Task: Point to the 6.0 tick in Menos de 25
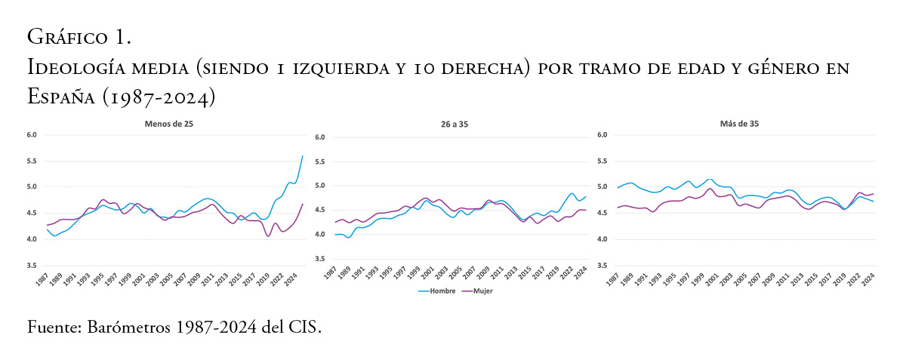[x=31, y=135]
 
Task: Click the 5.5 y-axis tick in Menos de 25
[x=31, y=162]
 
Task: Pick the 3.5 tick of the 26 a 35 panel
[x=319, y=259]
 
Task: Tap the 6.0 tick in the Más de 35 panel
[x=602, y=135]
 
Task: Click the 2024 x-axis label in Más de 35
[x=869, y=278]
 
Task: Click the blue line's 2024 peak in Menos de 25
[x=302, y=156]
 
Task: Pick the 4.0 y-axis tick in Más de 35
[x=602, y=240]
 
